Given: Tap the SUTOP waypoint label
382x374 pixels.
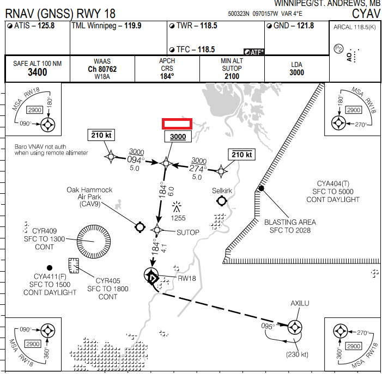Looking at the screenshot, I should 188,232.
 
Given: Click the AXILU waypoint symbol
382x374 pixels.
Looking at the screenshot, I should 295,327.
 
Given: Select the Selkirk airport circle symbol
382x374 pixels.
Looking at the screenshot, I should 222,201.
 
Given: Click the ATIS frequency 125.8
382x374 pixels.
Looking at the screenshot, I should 46,26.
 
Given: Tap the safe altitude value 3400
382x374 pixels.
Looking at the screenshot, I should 38,72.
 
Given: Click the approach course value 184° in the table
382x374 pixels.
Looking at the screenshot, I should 167,76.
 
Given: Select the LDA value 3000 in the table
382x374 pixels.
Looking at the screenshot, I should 297,73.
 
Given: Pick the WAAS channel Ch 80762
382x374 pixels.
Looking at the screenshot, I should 102,70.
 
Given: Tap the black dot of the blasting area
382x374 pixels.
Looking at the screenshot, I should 262,188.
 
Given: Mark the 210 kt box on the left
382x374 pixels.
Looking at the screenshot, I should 101,135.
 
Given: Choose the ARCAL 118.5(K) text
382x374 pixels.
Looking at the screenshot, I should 354,26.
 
